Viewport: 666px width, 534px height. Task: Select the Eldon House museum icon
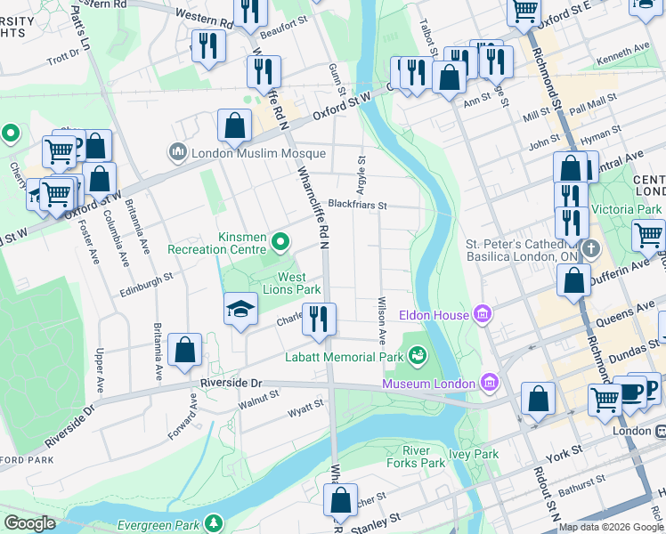[x=483, y=313]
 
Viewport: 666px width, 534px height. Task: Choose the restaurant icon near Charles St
[x=319, y=319]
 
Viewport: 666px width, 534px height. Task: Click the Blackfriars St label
[x=357, y=204]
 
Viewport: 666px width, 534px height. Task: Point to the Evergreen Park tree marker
[x=213, y=522]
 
